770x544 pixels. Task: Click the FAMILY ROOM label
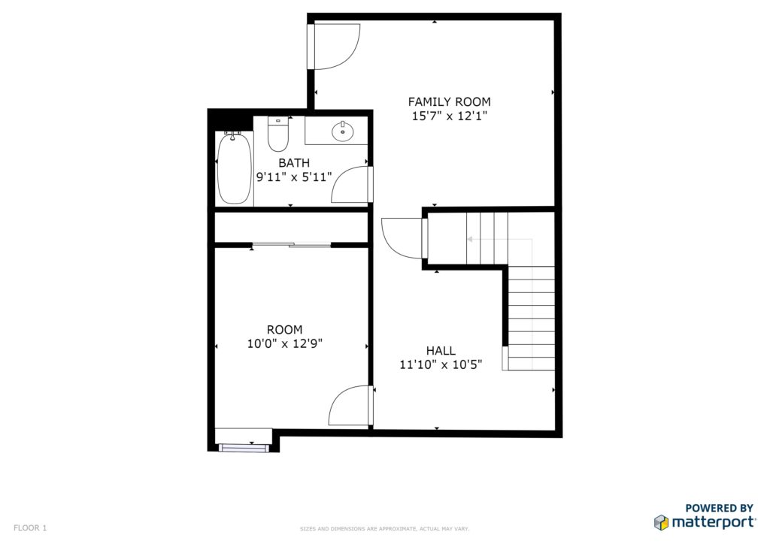pos(450,101)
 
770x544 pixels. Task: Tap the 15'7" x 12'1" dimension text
pos(450,116)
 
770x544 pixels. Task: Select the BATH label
pos(294,162)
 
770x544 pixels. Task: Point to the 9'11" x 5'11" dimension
pos(294,177)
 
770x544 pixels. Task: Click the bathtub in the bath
pos(235,168)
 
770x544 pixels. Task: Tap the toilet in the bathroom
pos(278,134)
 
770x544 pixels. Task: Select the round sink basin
pos(342,131)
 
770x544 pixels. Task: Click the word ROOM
pos(285,330)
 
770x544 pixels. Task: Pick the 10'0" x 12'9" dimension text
pos(285,343)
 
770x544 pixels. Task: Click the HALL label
pos(441,351)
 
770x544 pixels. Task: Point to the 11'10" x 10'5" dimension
pos(441,364)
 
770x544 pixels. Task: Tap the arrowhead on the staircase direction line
pos(470,240)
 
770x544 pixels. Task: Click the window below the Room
pos(244,447)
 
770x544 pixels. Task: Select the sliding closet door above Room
pos(291,244)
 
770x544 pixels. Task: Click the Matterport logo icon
pos(661,522)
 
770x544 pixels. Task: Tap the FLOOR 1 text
pos(30,527)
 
